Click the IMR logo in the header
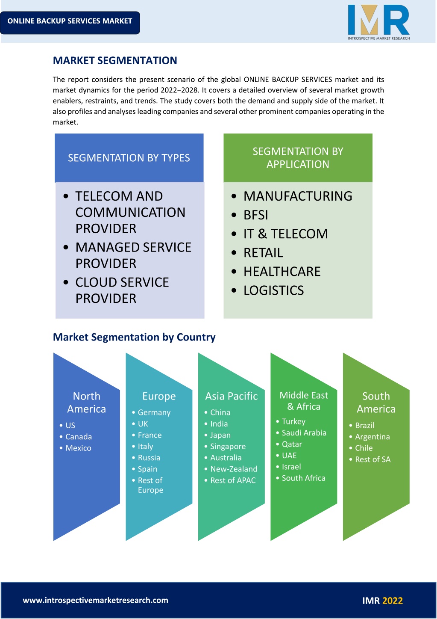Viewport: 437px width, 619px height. tap(378, 22)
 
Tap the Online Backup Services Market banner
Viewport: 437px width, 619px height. tap(70, 23)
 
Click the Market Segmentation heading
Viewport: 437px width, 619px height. tap(115, 60)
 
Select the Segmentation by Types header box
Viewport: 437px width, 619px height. tap(129, 158)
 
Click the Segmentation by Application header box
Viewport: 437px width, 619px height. tap(298, 158)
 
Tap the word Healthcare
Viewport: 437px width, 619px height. tap(282, 272)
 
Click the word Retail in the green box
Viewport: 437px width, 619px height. tap(263, 252)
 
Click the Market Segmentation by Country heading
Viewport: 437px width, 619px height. tap(134, 337)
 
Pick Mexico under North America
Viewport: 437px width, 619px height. tap(78, 448)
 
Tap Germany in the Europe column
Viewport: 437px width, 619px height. tap(154, 412)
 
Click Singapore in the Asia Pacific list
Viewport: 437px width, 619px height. tap(228, 447)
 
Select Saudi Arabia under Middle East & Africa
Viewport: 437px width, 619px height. tap(304, 433)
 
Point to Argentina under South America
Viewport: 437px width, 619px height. tap(372, 437)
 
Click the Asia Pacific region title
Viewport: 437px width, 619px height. tap(232, 396)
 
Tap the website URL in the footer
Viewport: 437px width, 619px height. tap(95, 600)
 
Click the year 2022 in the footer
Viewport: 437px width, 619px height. tap(393, 601)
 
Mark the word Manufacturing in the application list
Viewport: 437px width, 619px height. tap(298, 196)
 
